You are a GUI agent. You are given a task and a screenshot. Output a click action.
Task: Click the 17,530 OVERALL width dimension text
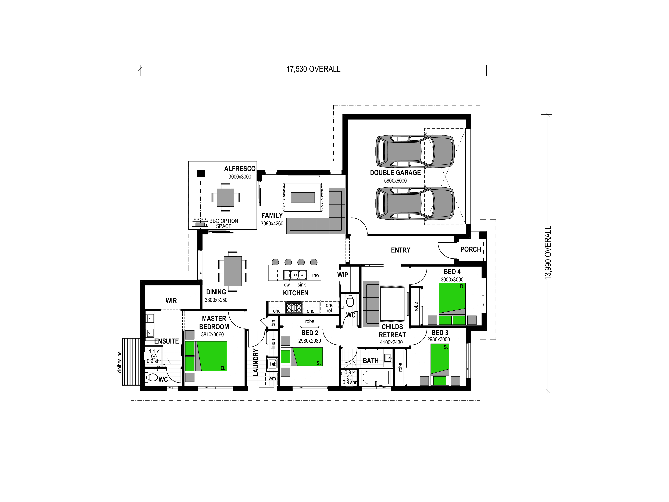tap(313, 69)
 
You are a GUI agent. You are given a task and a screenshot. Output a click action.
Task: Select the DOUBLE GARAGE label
tap(395, 173)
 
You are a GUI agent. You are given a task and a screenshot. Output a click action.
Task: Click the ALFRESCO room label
tap(240, 169)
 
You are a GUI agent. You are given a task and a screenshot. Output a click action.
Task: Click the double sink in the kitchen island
tap(299, 275)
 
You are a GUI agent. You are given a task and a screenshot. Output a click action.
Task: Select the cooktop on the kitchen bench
tap(294, 308)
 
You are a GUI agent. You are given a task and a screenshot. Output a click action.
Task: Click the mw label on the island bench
tap(315, 275)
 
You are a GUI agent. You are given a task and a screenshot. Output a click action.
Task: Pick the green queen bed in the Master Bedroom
tap(206, 356)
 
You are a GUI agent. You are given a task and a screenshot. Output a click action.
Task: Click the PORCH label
tap(471, 249)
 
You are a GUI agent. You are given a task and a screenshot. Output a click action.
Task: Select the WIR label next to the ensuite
tap(171, 301)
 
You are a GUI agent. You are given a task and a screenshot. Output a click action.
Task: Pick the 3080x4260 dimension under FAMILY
tap(272, 224)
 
